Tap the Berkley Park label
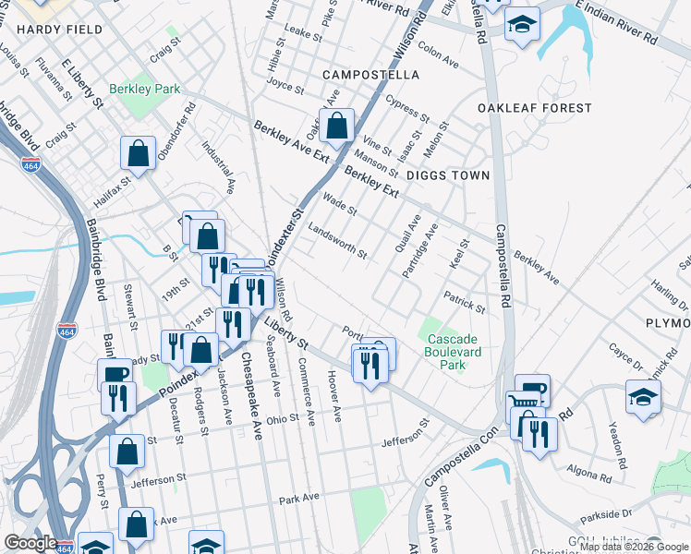pos(144,90)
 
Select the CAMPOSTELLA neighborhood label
pos(370,74)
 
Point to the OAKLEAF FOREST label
pos(534,108)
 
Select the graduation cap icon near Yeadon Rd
pos(643,396)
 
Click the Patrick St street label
pos(463,301)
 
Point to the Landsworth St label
pos(337,241)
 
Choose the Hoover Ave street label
pos(334,397)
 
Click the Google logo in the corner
pos(30,543)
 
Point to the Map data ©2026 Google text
pos(634,547)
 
